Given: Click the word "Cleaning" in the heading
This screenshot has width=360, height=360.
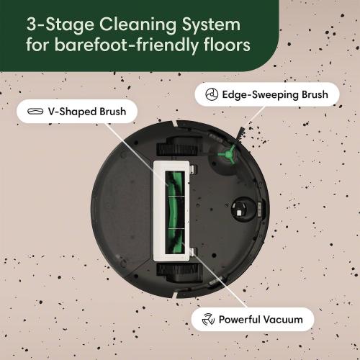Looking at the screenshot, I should tap(134, 23).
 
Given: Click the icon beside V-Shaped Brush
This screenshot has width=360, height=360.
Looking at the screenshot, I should tap(34, 112).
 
